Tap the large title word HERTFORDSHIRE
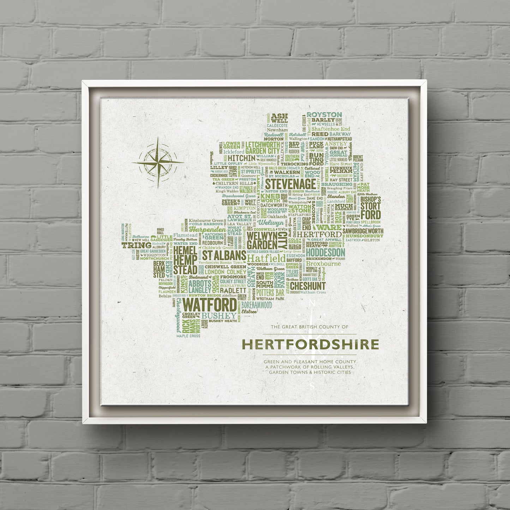coord(310,344)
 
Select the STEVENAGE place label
coord(290,184)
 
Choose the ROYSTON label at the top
coord(324,115)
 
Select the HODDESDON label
coord(325,252)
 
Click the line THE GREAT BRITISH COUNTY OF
coord(310,327)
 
